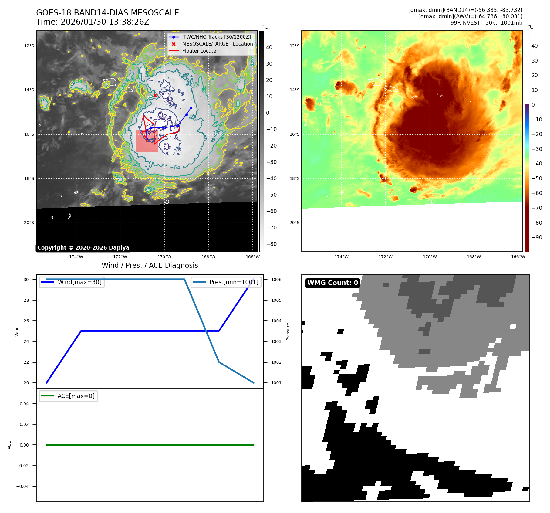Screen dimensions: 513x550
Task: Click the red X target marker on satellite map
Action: [x=155, y=95]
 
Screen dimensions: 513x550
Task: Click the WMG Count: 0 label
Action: [x=332, y=283]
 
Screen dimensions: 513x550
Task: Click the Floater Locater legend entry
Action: [x=200, y=51]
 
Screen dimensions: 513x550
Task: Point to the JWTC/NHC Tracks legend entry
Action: [x=216, y=37]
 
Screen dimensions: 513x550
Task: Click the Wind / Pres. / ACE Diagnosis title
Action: [x=150, y=265]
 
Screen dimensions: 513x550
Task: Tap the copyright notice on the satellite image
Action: [x=83, y=248]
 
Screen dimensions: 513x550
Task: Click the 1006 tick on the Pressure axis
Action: [x=276, y=280]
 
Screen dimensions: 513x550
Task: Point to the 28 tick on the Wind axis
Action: [x=26, y=300]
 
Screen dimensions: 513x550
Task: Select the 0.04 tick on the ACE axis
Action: [x=24, y=404]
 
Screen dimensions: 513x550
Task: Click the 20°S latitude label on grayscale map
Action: [x=29, y=223]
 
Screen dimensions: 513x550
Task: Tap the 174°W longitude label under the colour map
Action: [x=341, y=257]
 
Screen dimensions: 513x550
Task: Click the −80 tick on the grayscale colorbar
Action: [x=271, y=244]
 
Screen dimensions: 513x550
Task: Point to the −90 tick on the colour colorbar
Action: [x=537, y=237]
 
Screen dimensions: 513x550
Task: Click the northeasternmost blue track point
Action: [x=191, y=108]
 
